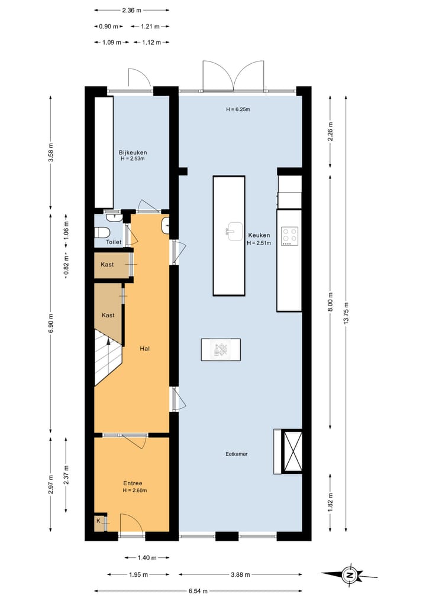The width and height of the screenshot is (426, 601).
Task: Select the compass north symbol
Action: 350,574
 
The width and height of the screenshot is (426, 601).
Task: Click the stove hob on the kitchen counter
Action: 289,236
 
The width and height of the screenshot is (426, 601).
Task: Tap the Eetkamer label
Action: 236,454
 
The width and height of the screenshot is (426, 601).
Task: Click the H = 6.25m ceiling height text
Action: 238,109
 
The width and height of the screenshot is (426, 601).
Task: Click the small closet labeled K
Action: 99,521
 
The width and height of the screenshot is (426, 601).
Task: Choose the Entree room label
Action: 133,483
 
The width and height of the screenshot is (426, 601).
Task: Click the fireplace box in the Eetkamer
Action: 293,451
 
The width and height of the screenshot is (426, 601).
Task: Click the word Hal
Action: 144,349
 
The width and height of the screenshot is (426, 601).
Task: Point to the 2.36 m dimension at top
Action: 131,10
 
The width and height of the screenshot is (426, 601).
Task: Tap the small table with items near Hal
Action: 221,349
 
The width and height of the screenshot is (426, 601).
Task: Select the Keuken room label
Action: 259,235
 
